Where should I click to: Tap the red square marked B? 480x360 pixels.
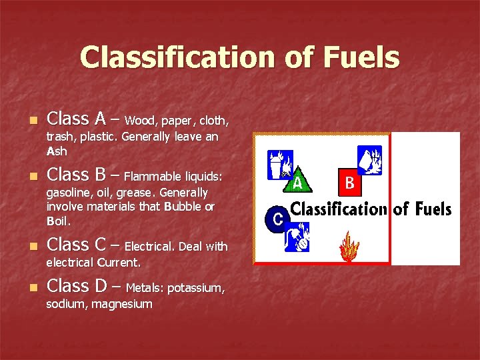click(x=350, y=181)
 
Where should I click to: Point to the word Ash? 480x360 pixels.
click(x=57, y=151)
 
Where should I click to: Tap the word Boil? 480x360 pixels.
click(x=59, y=221)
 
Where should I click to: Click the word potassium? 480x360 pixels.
click(x=195, y=289)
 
